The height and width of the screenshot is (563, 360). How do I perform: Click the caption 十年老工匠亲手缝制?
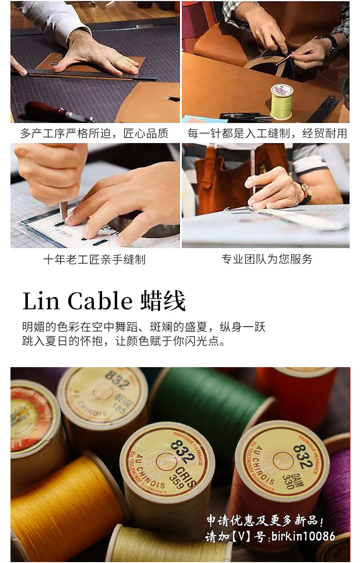click(x=94, y=260)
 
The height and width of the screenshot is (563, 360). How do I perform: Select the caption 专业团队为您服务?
click(x=267, y=260)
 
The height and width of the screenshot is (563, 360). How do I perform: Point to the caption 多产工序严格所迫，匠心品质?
click(x=94, y=133)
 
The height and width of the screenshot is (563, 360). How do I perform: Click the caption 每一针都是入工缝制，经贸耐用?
click(x=267, y=133)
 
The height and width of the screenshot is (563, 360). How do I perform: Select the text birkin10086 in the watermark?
click(x=303, y=537)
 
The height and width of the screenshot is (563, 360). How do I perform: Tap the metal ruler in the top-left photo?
click(x=91, y=73)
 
